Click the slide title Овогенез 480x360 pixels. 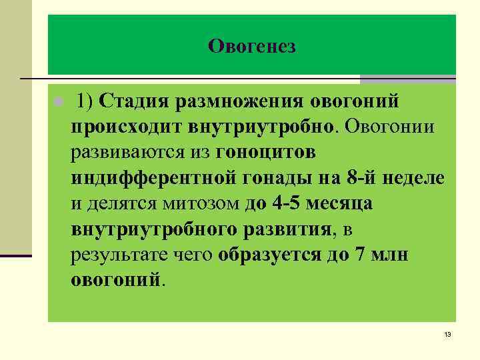251,46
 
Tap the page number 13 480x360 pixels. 447,334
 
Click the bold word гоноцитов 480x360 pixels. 266,152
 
